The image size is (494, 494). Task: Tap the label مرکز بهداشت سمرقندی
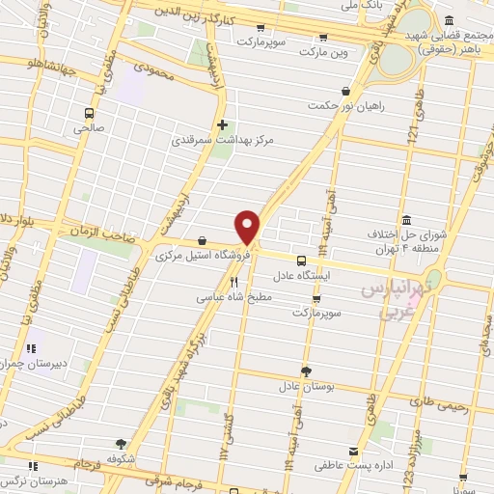pos(223,140)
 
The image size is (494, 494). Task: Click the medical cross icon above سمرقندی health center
pos(223,124)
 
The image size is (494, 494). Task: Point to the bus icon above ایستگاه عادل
pos(301,261)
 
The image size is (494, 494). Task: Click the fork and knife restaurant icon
pos(233,282)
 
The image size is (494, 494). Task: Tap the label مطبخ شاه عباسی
pos(234,298)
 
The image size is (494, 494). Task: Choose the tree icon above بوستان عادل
pos(306,370)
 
